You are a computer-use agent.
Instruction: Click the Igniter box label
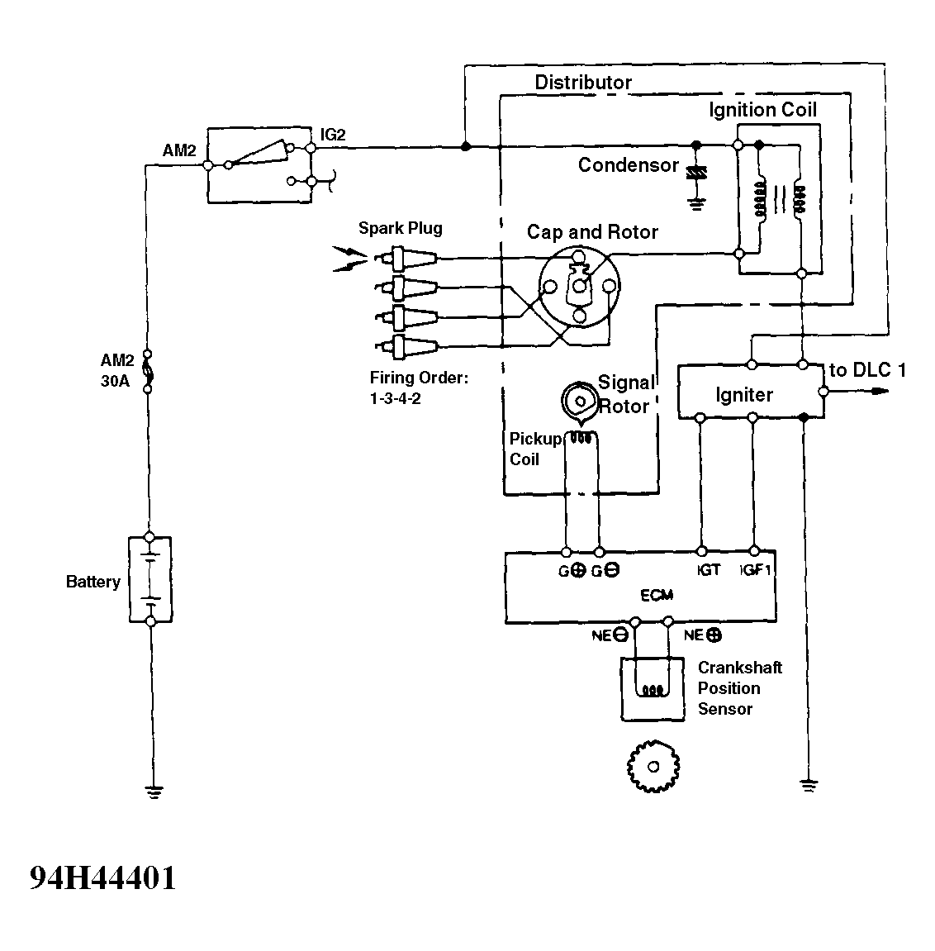coord(744,395)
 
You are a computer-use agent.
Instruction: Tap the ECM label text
coord(657,595)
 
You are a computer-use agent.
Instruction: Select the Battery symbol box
coord(150,579)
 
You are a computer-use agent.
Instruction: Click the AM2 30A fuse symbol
coord(147,371)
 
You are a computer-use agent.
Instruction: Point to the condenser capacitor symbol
coord(696,173)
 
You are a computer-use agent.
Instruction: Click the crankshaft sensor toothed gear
coord(653,766)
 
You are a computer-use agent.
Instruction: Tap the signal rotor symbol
coord(580,401)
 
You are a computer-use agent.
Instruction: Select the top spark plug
coord(406,259)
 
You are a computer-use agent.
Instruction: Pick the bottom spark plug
coord(406,347)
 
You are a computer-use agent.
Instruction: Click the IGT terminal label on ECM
coord(708,570)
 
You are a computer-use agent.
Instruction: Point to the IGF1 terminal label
coord(755,570)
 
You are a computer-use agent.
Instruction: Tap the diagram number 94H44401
coord(103,877)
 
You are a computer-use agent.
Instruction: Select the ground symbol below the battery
coord(154,791)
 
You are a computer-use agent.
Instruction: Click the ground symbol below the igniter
coord(809,786)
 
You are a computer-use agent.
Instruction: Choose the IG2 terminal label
coord(333,135)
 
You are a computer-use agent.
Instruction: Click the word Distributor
coord(583,83)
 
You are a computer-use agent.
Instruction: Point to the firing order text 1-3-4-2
coord(396,398)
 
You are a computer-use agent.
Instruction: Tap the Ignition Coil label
coord(763,110)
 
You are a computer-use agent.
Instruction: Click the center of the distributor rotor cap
coord(579,286)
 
